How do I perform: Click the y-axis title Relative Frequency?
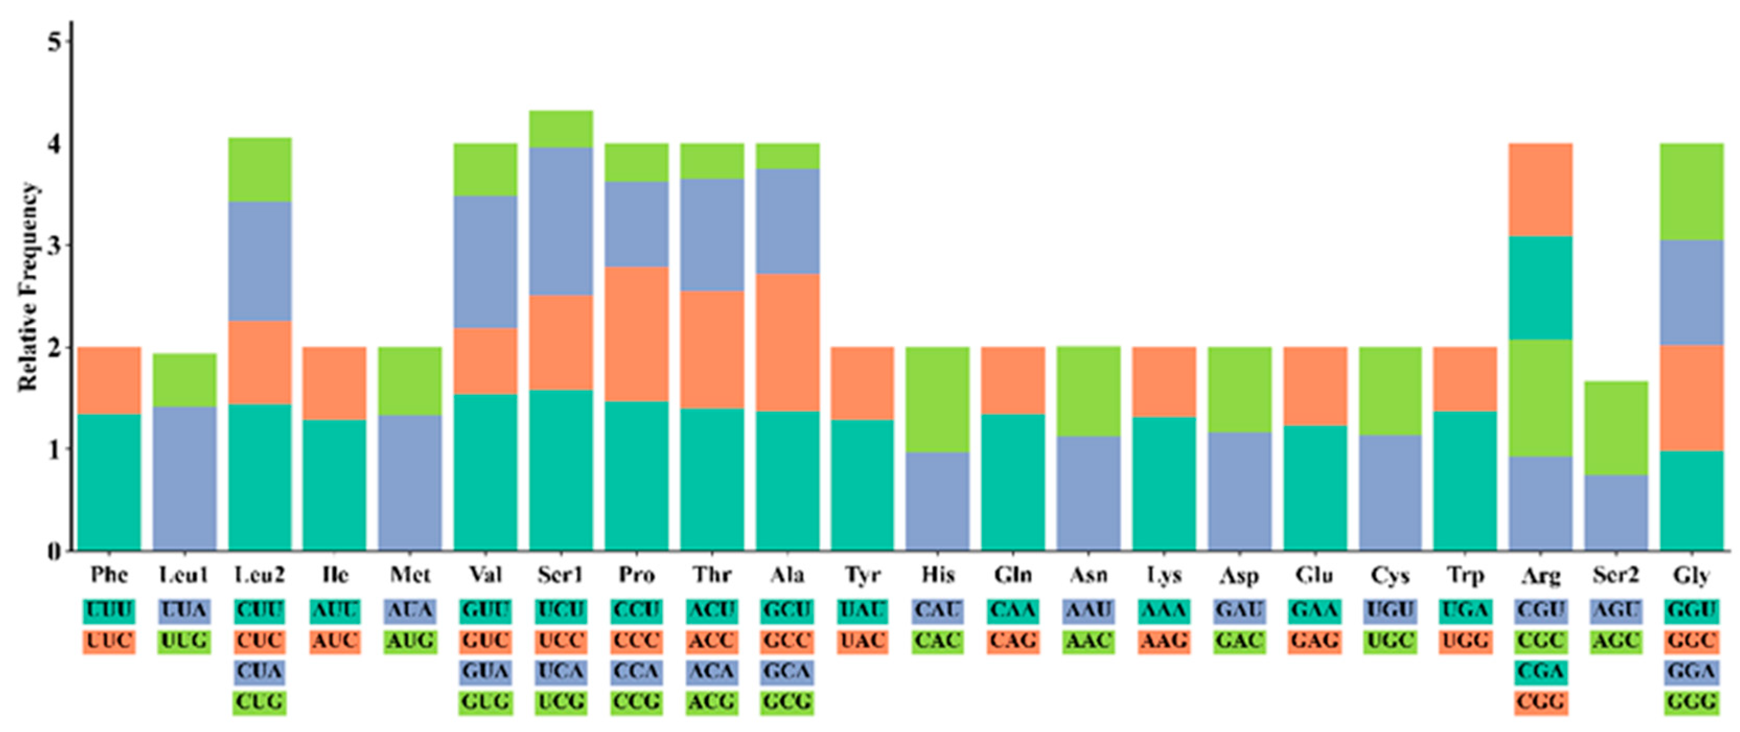point(28,286)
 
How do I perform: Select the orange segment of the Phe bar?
point(109,380)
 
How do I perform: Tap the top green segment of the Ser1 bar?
point(561,129)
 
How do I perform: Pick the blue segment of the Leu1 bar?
point(184,478)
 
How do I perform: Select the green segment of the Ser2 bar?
point(1616,428)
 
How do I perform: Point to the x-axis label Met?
point(410,575)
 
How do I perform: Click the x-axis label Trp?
point(1465,575)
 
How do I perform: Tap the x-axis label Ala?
point(787,575)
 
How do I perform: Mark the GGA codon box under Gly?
point(1691,672)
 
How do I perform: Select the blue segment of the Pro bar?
point(636,224)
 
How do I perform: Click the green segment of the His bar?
point(937,399)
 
